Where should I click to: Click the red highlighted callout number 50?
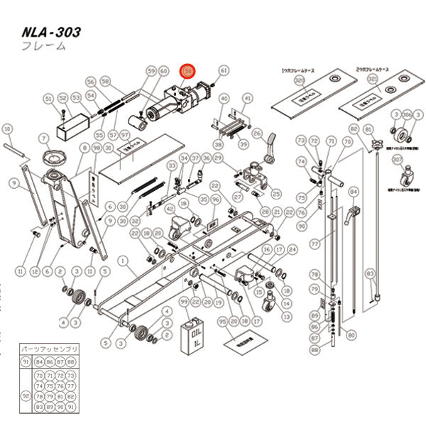coord(187,71)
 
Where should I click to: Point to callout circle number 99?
coord(185,302)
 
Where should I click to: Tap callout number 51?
coord(48,98)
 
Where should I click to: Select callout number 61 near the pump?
coord(224,71)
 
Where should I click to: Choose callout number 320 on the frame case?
coord(299,82)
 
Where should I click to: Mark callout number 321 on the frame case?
coord(372,82)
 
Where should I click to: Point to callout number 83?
coord(369,273)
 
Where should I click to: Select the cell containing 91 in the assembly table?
coord(27,361)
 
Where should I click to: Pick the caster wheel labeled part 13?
coord(267,304)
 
